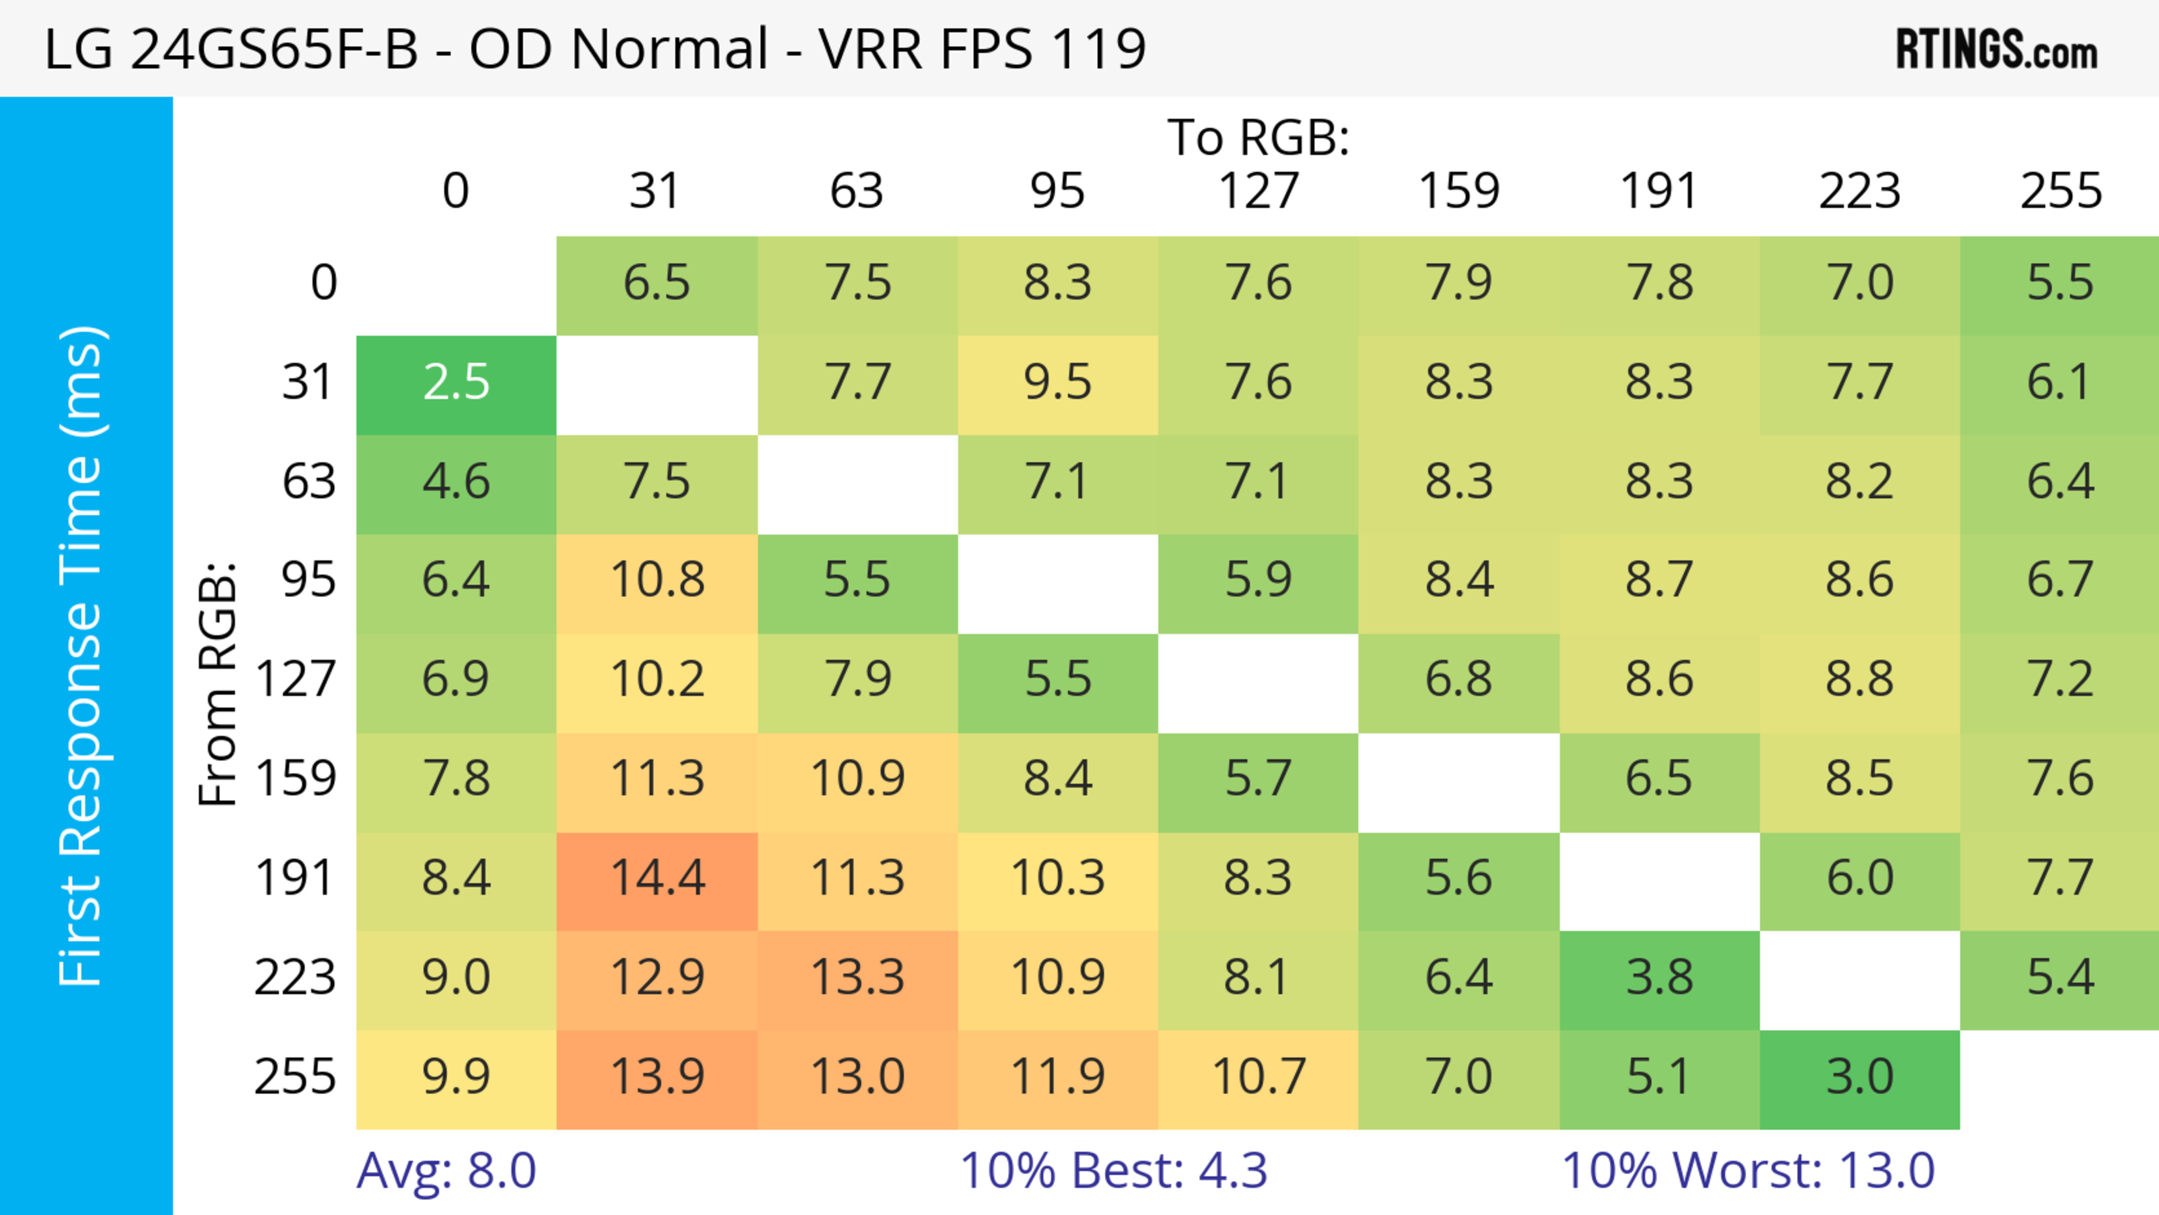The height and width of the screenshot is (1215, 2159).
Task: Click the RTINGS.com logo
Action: click(1997, 48)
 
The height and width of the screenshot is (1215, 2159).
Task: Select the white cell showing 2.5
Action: click(456, 383)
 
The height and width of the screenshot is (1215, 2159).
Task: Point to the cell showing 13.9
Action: click(657, 1077)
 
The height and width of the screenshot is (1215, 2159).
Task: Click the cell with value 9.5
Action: click(1058, 383)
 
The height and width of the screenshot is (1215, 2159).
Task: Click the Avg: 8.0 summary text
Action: click(446, 1171)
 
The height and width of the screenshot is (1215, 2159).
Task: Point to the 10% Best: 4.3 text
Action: click(1113, 1171)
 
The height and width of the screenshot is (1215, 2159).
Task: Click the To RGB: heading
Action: click(1258, 137)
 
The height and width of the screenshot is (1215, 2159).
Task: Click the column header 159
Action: click(1458, 191)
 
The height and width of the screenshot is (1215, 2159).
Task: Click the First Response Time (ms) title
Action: click(82, 655)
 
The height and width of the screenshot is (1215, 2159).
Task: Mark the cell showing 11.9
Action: click(1058, 1077)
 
